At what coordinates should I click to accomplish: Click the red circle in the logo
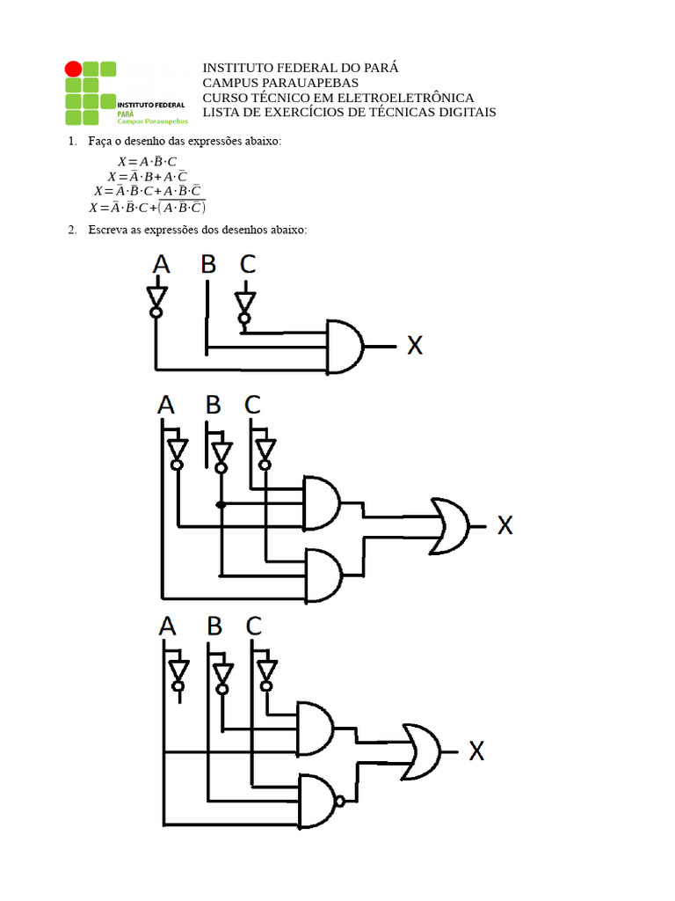(x=73, y=69)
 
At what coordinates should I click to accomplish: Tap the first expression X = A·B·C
(x=147, y=162)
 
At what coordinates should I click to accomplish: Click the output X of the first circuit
(x=414, y=346)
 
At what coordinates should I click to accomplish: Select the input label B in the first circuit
(x=207, y=264)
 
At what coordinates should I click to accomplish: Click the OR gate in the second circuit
(x=449, y=526)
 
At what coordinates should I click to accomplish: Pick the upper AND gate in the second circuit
(x=322, y=502)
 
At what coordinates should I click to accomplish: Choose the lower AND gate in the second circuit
(x=323, y=574)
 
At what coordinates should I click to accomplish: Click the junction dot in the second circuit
(x=221, y=505)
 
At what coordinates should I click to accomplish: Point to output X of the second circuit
(x=505, y=526)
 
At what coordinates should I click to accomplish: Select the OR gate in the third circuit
(x=421, y=751)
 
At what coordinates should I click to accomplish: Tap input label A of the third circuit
(x=168, y=626)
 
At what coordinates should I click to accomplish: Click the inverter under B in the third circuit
(x=221, y=673)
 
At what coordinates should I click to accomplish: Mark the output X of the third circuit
(x=476, y=751)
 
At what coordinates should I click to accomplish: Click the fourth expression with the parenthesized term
(x=147, y=209)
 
